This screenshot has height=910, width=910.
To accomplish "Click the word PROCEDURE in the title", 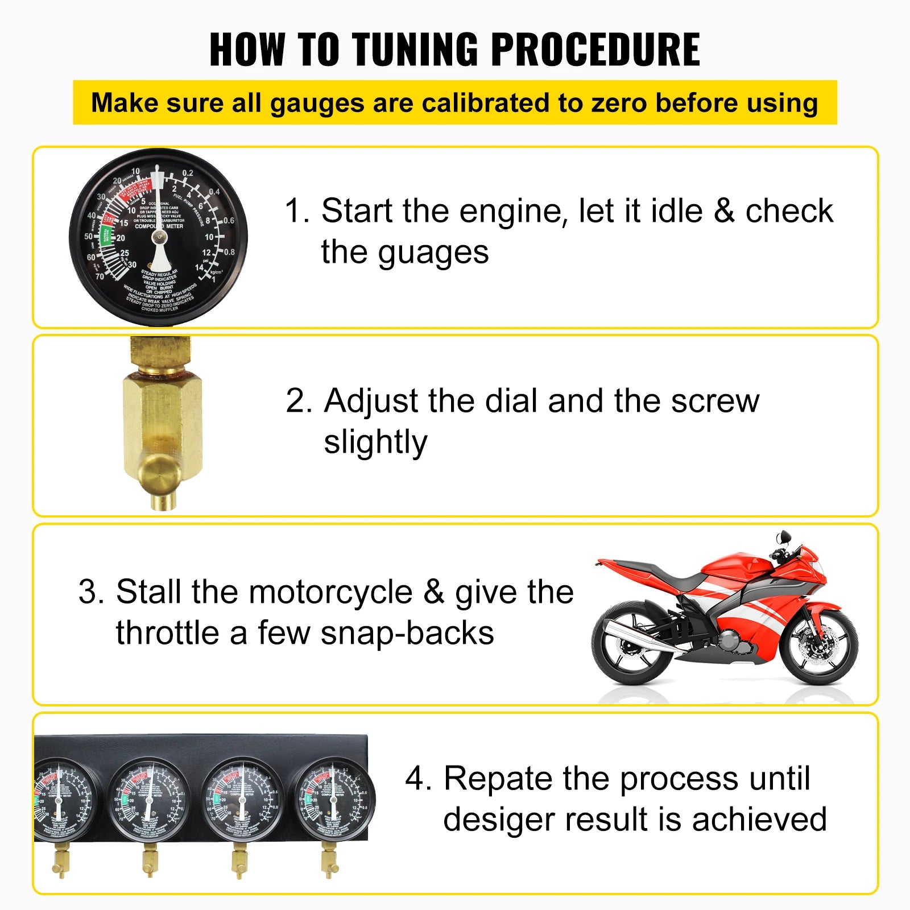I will click(595, 49).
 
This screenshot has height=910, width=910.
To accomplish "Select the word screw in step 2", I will click(715, 401).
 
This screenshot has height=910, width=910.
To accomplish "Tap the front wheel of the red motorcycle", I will click(819, 645).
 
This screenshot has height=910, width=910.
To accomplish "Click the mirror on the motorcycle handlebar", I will click(784, 536).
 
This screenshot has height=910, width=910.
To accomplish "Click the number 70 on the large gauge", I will click(100, 276).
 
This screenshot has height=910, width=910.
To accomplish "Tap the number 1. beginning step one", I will click(296, 211).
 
